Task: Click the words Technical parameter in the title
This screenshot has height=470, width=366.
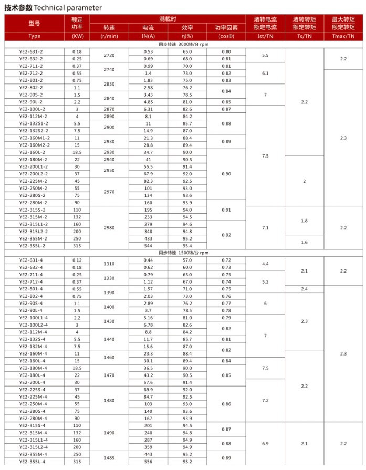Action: coord(68,8)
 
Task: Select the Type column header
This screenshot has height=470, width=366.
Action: coord(35,36)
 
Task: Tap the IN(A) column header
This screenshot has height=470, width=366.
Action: coord(148,36)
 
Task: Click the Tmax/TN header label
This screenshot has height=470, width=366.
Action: coord(343,36)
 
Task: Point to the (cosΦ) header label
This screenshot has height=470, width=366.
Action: coord(226,36)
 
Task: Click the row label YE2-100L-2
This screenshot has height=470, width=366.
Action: coord(33,109)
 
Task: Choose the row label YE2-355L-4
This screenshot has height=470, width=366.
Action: coord(33,462)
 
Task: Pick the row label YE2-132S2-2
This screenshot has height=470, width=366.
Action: coord(33,130)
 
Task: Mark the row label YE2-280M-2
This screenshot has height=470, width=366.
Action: coord(33,202)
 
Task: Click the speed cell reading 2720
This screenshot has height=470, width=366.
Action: coord(110,55)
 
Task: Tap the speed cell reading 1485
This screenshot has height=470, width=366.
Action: coord(110,458)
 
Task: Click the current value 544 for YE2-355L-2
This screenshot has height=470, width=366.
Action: coord(148,245)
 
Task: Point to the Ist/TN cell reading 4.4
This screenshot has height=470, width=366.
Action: coord(265,263)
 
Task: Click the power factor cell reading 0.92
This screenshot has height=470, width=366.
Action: coord(226,235)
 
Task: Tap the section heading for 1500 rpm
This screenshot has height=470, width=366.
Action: coord(183,253)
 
